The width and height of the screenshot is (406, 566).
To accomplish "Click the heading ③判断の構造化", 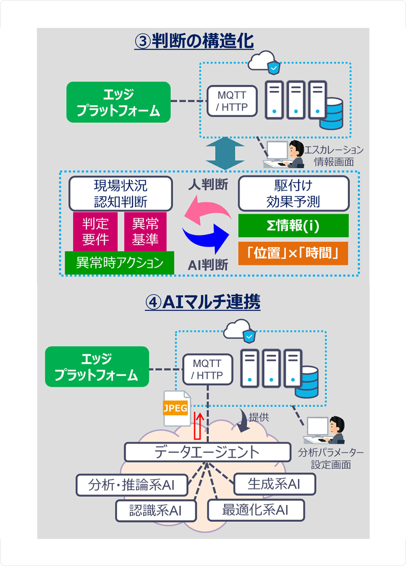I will click(194, 41).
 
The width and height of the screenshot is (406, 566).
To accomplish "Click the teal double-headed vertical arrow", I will click(225, 153).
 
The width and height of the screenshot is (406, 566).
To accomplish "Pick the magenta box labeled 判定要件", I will click(95, 232).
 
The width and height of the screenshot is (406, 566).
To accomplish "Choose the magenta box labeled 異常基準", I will click(145, 232).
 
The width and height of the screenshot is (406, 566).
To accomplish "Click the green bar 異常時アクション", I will click(119, 263).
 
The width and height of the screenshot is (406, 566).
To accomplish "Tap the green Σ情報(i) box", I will click(293, 226).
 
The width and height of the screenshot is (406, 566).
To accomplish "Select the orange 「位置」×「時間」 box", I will click(293, 253).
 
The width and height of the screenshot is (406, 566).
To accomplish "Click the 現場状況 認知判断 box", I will click(121, 194).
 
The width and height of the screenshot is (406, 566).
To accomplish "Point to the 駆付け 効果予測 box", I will click(293, 194).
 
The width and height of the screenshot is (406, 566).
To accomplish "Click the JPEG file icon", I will click(176, 408).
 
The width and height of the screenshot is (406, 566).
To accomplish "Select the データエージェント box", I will click(207, 452).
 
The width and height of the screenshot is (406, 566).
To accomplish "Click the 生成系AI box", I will click(274, 484).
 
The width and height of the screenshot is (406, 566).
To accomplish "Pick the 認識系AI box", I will click(156, 510).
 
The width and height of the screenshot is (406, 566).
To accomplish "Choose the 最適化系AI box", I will click(256, 510).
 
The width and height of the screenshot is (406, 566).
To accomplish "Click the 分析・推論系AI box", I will click(132, 485).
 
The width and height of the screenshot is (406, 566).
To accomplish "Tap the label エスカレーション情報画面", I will click(334, 156).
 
